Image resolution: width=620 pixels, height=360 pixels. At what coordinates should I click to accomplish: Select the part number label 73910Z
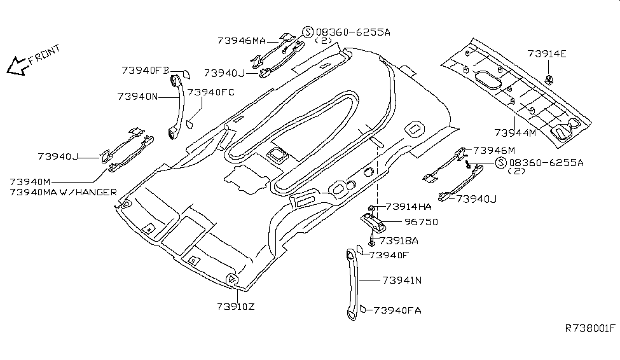[237, 307]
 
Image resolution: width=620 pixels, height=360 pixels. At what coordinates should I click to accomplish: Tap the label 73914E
[547, 53]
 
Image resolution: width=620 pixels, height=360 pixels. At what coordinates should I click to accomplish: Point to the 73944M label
[515, 132]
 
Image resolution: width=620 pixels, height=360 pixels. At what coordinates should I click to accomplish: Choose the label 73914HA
[408, 207]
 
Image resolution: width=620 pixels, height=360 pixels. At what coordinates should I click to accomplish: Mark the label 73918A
[399, 240]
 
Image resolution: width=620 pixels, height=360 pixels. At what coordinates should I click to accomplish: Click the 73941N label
[404, 280]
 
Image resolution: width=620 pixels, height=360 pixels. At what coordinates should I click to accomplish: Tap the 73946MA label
[241, 40]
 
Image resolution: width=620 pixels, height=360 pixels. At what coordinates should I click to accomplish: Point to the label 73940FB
[144, 71]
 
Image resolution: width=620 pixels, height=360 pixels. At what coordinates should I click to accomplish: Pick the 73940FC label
[210, 93]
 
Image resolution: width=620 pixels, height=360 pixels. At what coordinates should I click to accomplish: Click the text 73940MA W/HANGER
[64, 191]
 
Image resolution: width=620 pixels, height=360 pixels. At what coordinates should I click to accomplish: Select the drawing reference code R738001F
[590, 328]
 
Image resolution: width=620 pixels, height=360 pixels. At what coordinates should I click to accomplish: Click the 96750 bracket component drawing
[375, 222]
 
